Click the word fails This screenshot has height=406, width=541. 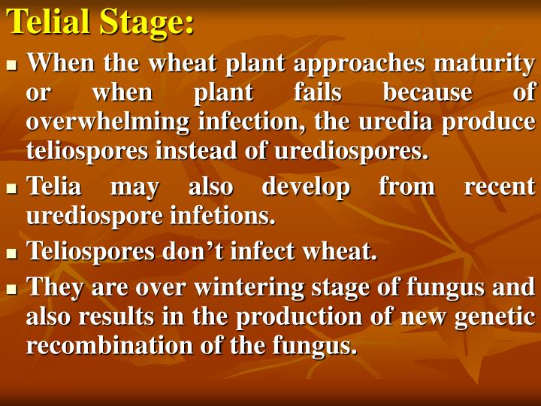point(318,92)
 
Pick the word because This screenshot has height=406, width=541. point(428,92)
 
